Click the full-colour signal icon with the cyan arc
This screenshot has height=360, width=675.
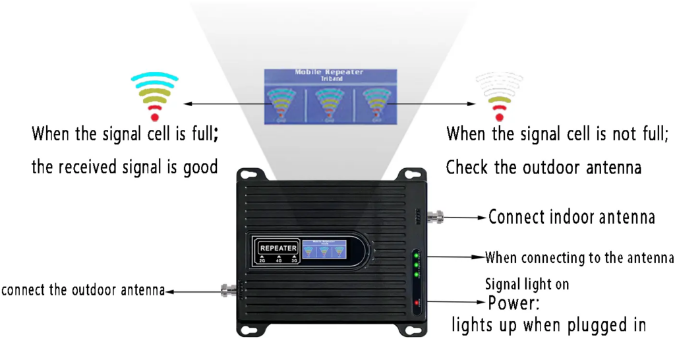tap(154, 96)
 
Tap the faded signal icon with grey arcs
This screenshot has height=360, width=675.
tap(499, 96)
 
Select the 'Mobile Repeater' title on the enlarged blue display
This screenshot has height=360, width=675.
tap(328, 72)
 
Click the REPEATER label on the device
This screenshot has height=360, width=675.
tap(278, 248)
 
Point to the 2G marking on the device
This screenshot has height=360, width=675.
tap(262, 260)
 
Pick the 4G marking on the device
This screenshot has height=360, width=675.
tap(278, 260)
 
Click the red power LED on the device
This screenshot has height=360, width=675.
tap(417, 303)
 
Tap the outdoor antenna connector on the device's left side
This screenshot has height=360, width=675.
tap(229, 289)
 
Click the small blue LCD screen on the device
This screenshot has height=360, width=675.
tap(328, 250)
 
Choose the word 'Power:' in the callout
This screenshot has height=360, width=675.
tap(514, 305)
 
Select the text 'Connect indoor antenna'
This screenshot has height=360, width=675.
tap(572, 216)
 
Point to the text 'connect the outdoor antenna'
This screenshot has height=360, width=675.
tap(82, 290)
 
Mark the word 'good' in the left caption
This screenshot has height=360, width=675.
tap(201, 167)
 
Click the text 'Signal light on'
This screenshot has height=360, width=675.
tap(527, 285)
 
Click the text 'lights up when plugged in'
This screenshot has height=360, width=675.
tap(548, 325)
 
